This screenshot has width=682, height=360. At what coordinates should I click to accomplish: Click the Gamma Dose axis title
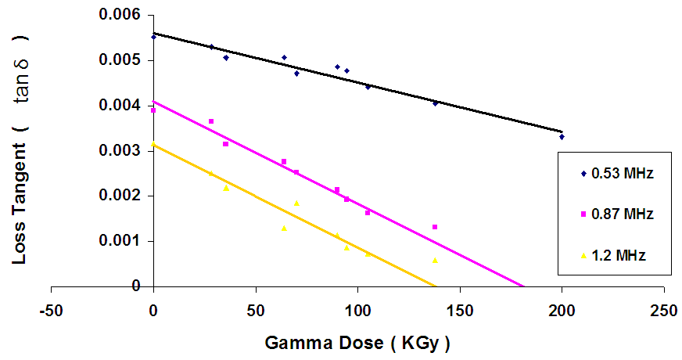pos(358,342)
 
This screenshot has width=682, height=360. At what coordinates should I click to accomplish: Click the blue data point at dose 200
pos(562,137)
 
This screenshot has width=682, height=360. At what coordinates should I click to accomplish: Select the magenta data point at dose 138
pos(435,227)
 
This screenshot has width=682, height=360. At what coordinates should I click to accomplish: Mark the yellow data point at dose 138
pos(435,260)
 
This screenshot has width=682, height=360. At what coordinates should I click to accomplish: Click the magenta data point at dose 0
pos(154,110)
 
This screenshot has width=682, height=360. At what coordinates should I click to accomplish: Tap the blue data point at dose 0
pos(154,36)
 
